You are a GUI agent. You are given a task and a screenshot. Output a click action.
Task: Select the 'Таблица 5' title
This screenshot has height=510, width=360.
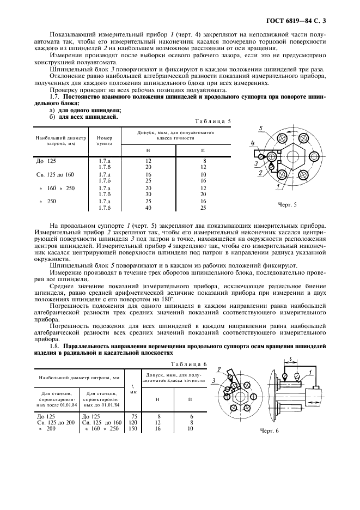point(213,121)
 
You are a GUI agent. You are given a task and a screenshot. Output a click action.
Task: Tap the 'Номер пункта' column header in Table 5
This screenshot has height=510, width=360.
point(105,141)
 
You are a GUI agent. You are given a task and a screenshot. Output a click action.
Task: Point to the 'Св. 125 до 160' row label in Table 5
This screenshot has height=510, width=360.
point(54,174)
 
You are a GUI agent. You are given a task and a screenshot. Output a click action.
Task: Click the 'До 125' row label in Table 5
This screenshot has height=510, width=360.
point(45,161)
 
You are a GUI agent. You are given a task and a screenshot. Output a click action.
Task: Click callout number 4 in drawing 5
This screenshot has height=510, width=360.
point(253,144)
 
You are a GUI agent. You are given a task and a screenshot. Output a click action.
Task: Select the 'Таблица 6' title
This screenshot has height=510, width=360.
point(186,364)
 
